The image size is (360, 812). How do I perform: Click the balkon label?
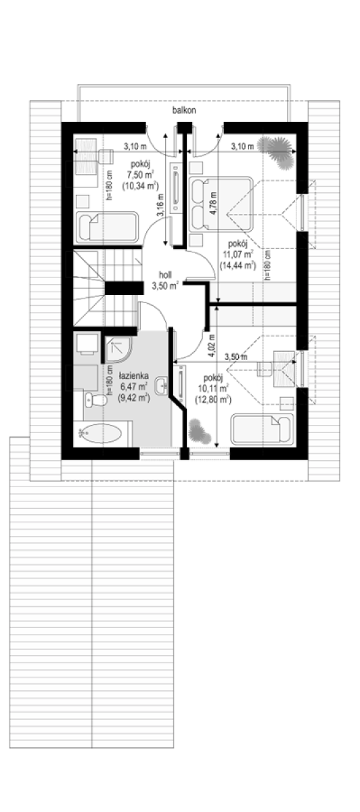tap(184, 110)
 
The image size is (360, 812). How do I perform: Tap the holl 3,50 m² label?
tap(165, 281)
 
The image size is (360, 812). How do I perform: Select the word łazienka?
tap(134, 376)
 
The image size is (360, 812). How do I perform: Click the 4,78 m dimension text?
tap(214, 203)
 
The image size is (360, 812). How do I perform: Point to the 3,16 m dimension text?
tap(160, 206)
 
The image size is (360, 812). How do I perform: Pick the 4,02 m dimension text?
tap(212, 346)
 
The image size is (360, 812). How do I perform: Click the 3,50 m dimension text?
tap(235, 357)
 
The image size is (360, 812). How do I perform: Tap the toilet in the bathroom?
tap(95, 400)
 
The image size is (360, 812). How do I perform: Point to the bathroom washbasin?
tap(162, 386)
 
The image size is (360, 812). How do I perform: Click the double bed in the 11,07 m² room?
tap(221, 204)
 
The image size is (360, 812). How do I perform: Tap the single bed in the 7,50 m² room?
tap(107, 227)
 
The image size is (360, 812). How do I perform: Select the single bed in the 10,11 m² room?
tap(262, 429)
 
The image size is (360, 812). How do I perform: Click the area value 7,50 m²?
tap(141, 175)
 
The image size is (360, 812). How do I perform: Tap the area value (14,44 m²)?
tap(238, 266)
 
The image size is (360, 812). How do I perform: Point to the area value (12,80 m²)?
tap(213, 399)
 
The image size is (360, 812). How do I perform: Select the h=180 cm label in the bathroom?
tap(108, 380)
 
